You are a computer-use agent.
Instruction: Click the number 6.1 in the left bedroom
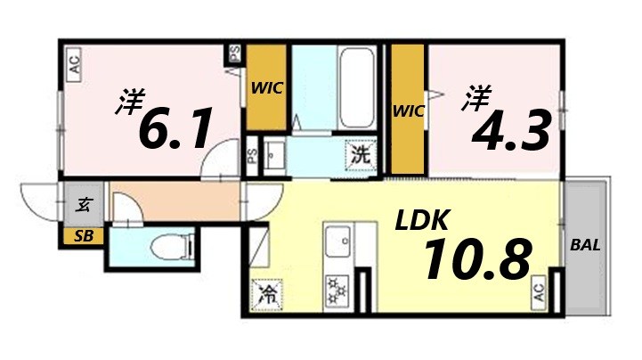tap(175, 130)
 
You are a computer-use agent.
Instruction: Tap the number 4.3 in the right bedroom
tap(510, 130)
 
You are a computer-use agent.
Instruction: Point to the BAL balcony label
tap(585, 245)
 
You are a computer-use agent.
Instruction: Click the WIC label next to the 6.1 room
tap(266, 88)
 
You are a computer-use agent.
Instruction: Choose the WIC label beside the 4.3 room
tap(409, 110)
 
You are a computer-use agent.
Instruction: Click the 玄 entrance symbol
tap(83, 205)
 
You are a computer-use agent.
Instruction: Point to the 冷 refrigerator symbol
tap(266, 293)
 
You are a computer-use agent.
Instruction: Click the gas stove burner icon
tap(337, 290)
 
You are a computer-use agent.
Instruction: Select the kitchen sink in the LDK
tap(337, 241)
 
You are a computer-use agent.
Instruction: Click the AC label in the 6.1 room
tap(75, 64)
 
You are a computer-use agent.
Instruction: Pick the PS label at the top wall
tap(235, 53)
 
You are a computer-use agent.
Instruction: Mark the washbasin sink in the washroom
tap(275, 154)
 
